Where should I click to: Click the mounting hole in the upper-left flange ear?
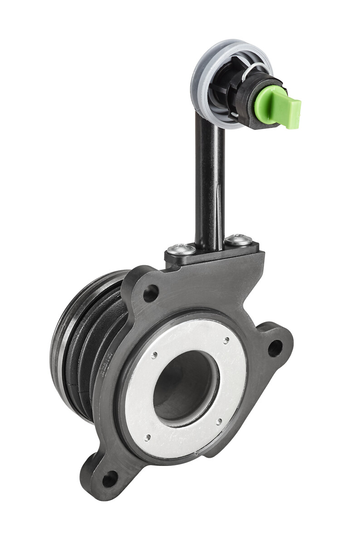click(151, 293)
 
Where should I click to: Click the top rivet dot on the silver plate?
click(225, 338)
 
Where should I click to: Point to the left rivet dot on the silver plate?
click(155, 355)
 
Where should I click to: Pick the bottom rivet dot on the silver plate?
click(148, 437)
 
